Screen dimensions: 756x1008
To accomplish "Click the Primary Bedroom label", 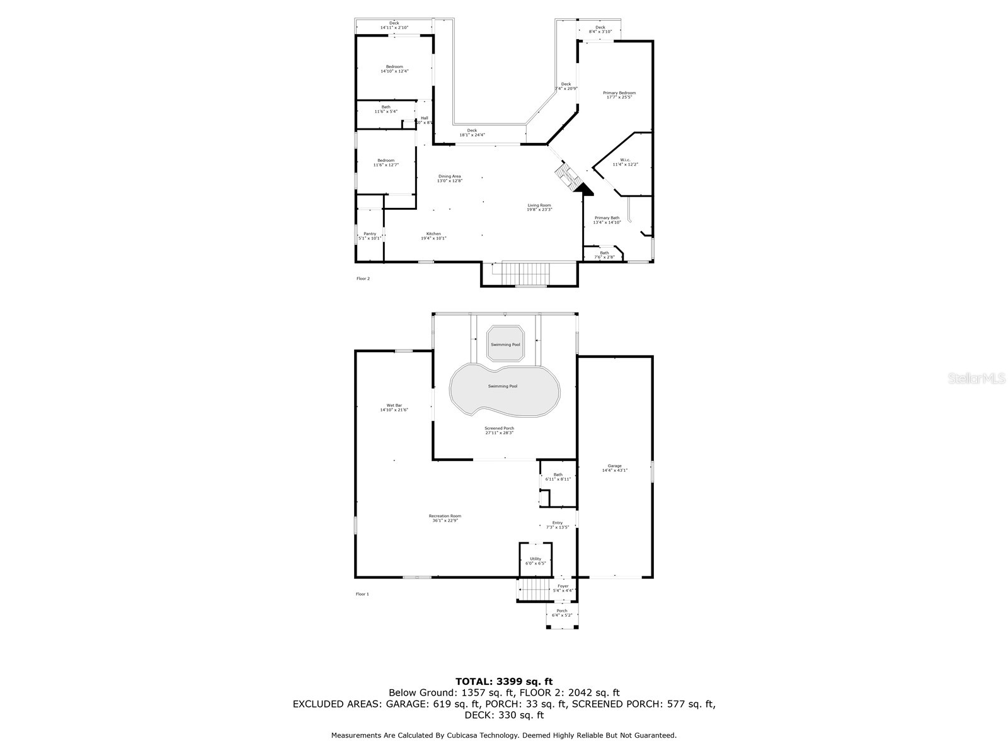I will point(619,93).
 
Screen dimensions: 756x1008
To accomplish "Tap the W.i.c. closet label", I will point(625,160).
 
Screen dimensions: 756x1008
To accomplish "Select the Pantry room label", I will point(369,234).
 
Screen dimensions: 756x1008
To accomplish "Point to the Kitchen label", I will point(433,234).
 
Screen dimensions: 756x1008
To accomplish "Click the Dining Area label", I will point(450,176).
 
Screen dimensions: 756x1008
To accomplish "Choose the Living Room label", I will point(539,205).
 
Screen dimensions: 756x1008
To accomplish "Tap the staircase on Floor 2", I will point(520,273).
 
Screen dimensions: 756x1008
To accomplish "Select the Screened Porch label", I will point(499,428).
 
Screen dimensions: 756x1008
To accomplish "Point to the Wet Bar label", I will point(394,405).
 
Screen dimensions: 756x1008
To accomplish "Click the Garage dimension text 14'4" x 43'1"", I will point(614,470).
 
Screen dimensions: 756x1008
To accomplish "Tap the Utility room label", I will point(535,559).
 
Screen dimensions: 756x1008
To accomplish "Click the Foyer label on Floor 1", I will point(563,587).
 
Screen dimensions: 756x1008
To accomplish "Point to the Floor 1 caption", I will point(363,594).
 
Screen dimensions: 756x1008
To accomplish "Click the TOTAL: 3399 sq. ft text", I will point(504,681).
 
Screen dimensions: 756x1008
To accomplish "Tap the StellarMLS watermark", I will point(976,378).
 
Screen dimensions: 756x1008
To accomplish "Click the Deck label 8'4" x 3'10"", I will point(600,27).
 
